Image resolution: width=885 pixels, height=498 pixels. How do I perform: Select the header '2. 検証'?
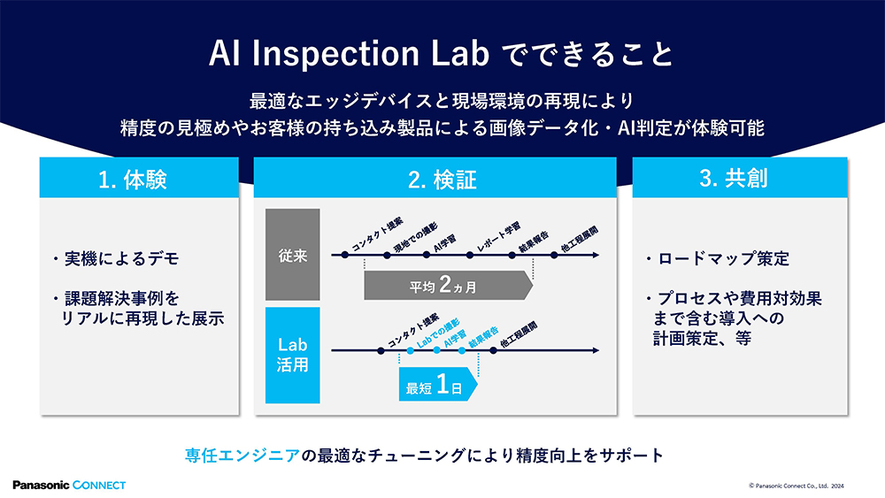[442, 180]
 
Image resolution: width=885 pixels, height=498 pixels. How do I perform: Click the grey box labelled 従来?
[292, 256]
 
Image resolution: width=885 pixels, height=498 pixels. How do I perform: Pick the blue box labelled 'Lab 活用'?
[292, 354]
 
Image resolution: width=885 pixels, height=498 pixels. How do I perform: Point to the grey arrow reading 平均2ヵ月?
[447, 287]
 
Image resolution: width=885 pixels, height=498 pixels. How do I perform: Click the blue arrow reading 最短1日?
[437, 387]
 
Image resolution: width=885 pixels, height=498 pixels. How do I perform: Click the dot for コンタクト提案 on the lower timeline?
[381, 351]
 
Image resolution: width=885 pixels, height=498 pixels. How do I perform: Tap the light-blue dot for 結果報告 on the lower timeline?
[462, 351]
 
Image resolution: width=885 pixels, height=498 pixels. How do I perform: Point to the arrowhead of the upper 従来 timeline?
[594, 256]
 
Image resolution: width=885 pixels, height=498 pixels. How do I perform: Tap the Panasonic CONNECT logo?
[69, 485]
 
